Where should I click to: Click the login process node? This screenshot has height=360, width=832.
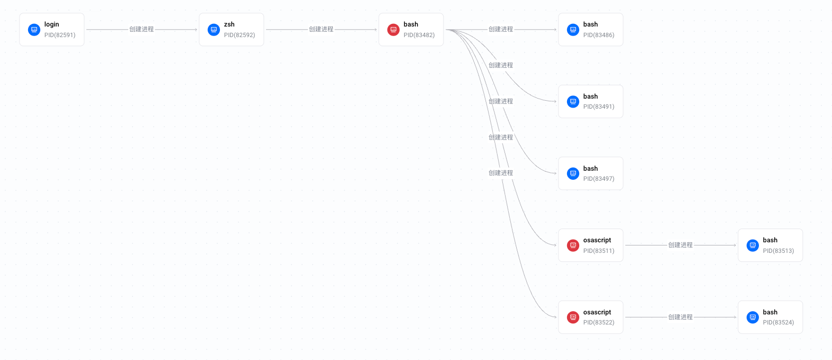pos(51,30)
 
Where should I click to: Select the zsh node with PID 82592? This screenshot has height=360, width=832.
pos(232,30)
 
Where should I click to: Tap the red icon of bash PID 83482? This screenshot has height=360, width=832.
pos(393,30)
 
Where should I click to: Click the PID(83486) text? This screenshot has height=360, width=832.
pos(599,35)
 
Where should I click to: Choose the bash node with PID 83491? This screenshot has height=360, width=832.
pos(590,101)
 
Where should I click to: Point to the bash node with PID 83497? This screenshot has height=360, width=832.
pos(590,173)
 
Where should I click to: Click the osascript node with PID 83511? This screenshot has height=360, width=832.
pos(590,245)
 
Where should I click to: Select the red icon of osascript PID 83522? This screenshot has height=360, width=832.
pos(573,317)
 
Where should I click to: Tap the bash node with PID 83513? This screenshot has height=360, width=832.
pos(771,245)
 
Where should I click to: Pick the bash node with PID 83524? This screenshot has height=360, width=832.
pos(771,317)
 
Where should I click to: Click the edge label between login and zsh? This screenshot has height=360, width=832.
pos(141,29)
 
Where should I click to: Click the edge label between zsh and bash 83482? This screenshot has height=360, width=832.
pos(321,29)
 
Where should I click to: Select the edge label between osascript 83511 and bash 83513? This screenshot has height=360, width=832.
pos(680,245)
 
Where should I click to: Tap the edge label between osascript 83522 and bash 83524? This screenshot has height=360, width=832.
pos(680,317)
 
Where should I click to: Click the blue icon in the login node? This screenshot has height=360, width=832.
pos(34,30)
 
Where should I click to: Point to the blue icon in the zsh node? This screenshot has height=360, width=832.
pos(214,30)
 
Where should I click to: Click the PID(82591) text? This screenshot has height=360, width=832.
pos(60,35)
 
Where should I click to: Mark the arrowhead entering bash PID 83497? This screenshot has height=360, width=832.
pos(555,173)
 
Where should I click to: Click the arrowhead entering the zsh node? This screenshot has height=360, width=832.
pos(196,30)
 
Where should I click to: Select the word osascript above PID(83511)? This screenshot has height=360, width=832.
pos(597,240)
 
